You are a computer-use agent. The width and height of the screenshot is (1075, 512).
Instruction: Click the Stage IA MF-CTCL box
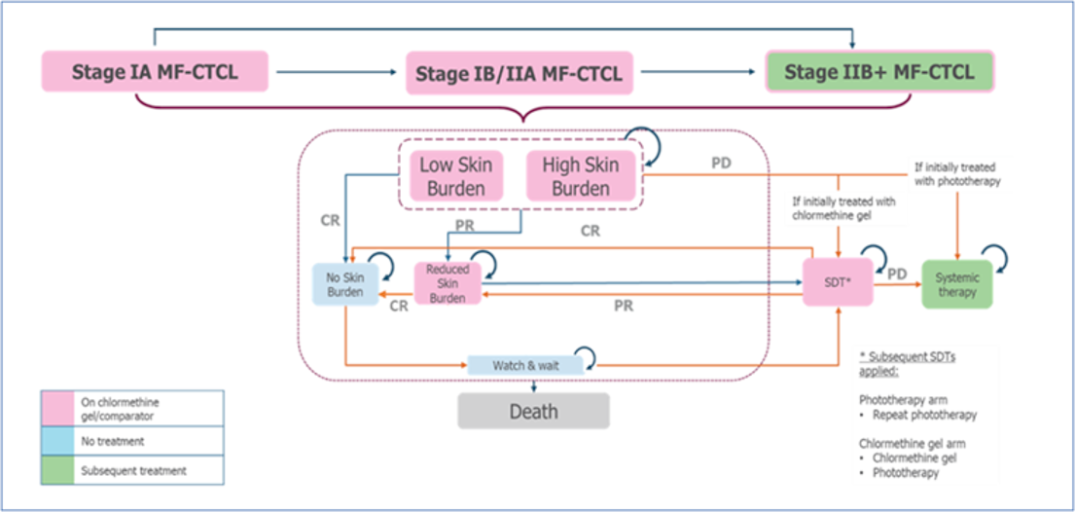click(x=155, y=72)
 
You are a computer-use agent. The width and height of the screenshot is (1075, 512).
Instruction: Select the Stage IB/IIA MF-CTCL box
click(x=519, y=73)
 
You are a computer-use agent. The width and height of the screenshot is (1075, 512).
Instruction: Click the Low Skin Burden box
click(x=456, y=176)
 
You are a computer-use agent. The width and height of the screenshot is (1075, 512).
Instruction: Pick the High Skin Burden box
click(x=581, y=176)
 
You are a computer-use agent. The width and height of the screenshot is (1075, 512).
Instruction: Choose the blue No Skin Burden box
click(x=345, y=283)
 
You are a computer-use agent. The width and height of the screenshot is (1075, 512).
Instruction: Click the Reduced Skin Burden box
click(x=448, y=283)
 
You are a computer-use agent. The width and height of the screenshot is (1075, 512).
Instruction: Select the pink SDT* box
click(x=837, y=282)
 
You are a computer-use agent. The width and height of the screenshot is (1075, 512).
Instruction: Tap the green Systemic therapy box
click(x=957, y=284)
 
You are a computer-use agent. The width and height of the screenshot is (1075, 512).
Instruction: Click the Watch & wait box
click(x=525, y=365)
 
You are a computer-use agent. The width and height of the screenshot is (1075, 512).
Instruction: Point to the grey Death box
click(x=533, y=411)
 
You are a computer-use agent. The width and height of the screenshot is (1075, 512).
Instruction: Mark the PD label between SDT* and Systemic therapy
click(x=895, y=274)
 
